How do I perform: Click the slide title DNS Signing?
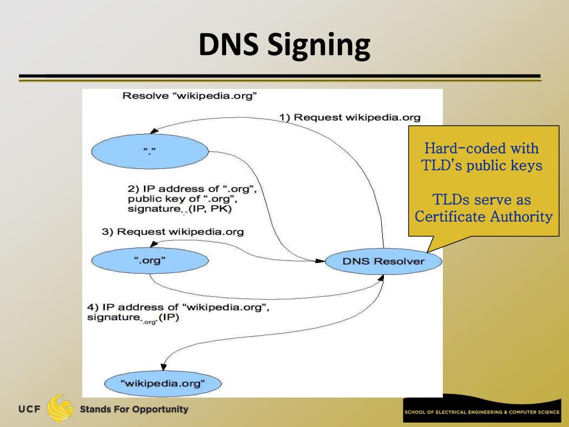tap(284, 46)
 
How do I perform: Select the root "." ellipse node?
tap(150, 151)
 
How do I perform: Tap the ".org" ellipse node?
tap(150, 260)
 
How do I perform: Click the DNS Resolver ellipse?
tap(383, 261)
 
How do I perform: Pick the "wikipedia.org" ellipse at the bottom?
tap(163, 383)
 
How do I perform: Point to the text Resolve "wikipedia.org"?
tap(189, 96)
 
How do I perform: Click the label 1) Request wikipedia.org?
tap(350, 117)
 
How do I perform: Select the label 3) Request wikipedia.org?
tap(173, 231)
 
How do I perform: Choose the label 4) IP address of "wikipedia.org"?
tap(178, 307)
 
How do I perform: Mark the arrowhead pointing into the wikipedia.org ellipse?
tap(163, 366)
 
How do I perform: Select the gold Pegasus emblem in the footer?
tap(60, 409)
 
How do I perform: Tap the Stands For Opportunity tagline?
tap(134, 410)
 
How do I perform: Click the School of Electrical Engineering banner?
tap(482, 412)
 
